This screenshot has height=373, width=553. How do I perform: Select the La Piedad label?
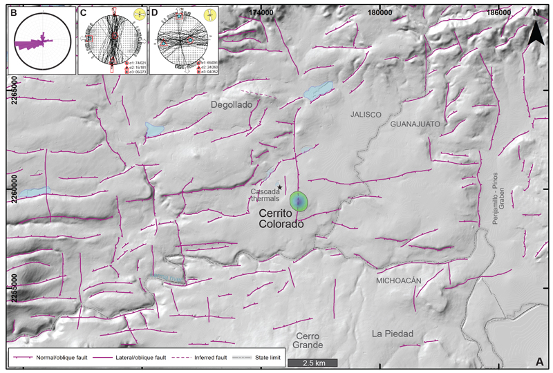(x=392, y=334)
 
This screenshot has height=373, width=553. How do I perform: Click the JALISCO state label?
(x=366, y=114)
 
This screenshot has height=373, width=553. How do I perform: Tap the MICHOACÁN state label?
(x=398, y=281)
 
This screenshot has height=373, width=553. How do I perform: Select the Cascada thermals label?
(x=265, y=195)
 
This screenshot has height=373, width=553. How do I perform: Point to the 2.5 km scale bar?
(x=312, y=362)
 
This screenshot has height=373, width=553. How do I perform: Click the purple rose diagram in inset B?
(x=35, y=44)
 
